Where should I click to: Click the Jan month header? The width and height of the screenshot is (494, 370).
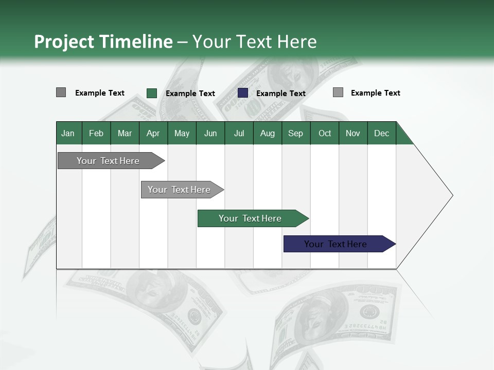pos(68,133)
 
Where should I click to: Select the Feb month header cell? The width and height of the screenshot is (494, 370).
pos(96,133)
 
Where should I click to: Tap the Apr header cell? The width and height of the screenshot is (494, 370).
pos(153,133)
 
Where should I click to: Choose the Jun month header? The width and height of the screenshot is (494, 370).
pos(210,133)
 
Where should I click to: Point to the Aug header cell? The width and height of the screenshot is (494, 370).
pos(267,133)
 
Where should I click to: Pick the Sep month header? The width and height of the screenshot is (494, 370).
pos(295,133)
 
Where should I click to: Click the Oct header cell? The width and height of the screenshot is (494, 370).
pos(325,133)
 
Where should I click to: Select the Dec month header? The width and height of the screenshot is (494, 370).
pos(381,133)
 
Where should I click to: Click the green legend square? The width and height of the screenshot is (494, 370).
pos(152,93)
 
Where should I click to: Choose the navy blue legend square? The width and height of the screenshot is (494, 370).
pos(243,93)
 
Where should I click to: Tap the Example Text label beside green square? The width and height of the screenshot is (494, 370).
pos(190,94)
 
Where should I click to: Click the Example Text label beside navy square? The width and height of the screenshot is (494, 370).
pos(281,94)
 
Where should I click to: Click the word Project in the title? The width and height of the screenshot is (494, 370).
pos(64,42)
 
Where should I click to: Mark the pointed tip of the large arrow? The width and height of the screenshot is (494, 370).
pos(451,195)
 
